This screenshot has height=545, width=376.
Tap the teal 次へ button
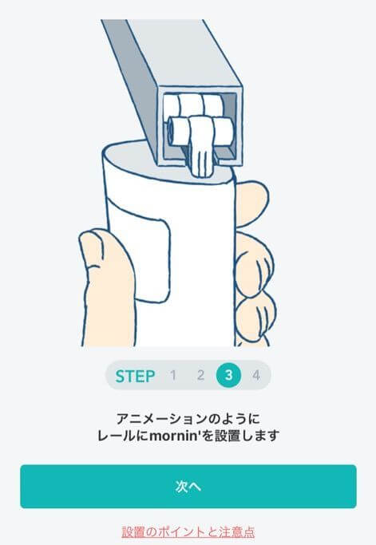[x=188, y=486]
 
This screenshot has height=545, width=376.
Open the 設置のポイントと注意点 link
[x=188, y=531]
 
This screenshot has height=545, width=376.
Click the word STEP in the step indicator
[x=136, y=376]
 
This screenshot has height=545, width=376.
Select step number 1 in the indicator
[x=172, y=376]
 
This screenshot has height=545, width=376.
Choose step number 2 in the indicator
[x=200, y=376]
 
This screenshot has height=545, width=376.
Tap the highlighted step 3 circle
[x=228, y=376]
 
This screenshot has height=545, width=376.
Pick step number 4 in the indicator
[x=255, y=376]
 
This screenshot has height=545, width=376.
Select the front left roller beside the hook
[x=176, y=128]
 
